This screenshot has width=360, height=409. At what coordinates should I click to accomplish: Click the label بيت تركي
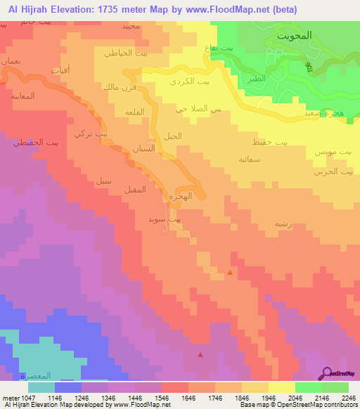pos(91,133)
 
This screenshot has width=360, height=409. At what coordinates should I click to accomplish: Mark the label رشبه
pos(272,224)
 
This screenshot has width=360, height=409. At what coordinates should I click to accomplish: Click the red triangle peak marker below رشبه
pos(230,272)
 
